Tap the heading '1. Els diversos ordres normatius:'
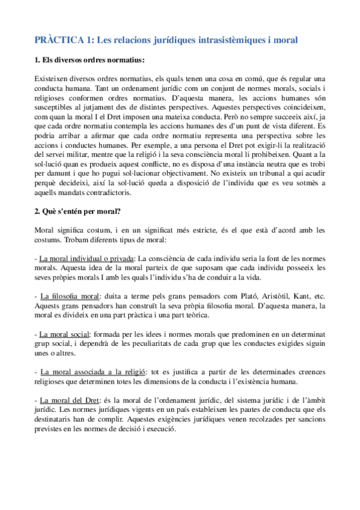pos(90,60)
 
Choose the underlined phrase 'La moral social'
pos(65,333)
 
